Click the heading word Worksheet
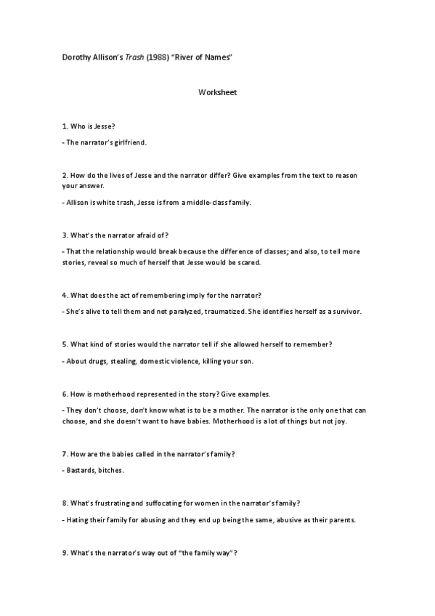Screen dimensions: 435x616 point(218,93)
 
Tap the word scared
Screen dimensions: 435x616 point(246,262)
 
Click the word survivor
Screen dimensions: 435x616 point(356,311)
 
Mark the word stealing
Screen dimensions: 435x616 point(123,360)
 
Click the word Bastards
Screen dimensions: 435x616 point(81,470)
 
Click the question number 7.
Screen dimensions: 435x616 point(65,453)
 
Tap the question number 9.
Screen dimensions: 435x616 point(65,552)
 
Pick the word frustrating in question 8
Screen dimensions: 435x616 point(120,503)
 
